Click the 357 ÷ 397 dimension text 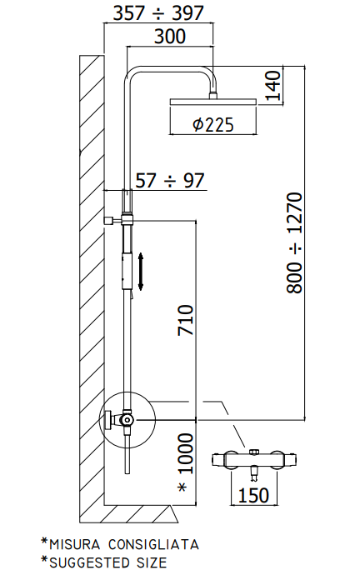tap(158, 13)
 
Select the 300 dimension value tap(170, 37)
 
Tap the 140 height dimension tap(274, 86)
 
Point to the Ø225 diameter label tap(213, 125)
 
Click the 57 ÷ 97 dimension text tap(170, 181)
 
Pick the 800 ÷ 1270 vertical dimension tap(295, 242)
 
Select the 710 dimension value tap(186, 320)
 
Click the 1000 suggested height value tap(186, 454)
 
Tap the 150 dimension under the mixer tap(253, 495)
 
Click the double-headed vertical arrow tap(141, 272)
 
